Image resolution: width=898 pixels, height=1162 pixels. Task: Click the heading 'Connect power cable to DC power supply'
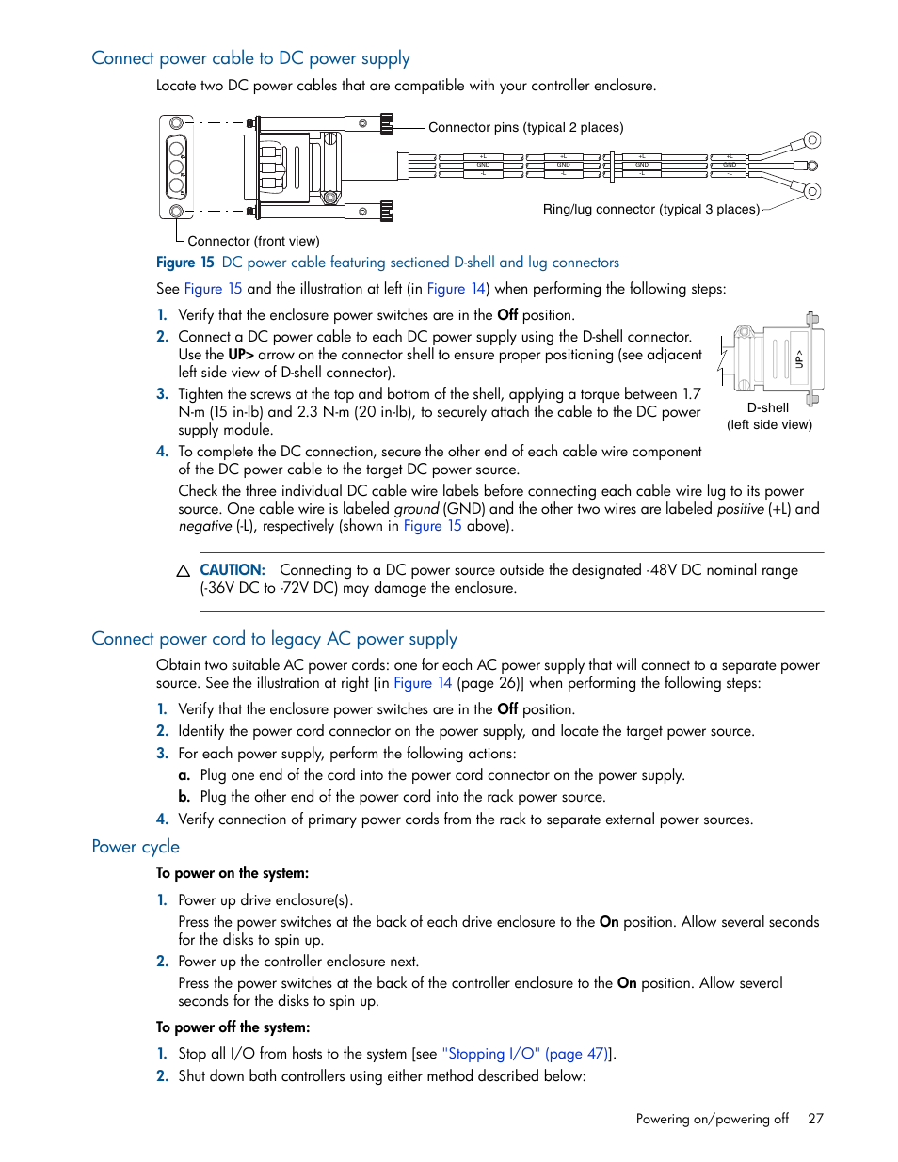(x=250, y=58)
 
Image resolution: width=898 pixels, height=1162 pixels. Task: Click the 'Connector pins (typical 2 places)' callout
(x=525, y=127)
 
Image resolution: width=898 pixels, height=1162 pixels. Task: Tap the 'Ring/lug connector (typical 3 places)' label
(x=650, y=209)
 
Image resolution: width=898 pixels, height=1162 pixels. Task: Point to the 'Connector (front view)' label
(x=253, y=241)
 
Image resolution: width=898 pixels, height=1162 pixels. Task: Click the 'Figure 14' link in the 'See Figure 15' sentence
(x=456, y=289)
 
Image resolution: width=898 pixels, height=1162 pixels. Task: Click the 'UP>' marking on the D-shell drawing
(x=799, y=358)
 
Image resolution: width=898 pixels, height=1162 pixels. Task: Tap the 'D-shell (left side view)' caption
(x=768, y=416)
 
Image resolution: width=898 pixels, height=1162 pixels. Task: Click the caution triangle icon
(x=184, y=571)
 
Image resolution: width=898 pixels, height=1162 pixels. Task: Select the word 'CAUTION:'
(x=233, y=570)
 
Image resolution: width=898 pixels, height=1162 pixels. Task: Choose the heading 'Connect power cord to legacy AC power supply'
(x=274, y=639)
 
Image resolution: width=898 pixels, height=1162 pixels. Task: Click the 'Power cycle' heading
(x=136, y=847)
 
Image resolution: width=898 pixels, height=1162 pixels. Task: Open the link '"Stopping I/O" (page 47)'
(x=524, y=1054)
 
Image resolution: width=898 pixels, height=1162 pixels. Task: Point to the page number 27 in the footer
(x=815, y=1119)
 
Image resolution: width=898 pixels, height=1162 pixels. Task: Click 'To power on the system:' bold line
(x=233, y=873)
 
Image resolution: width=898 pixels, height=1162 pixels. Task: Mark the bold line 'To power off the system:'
(x=233, y=1027)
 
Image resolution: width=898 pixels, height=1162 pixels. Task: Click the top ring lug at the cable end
(x=812, y=140)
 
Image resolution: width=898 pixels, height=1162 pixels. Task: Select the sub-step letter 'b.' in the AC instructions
(x=184, y=797)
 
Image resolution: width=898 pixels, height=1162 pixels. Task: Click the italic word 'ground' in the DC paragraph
(x=416, y=509)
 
